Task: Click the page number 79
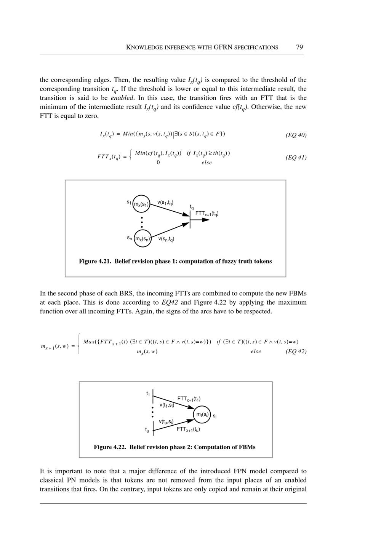(299, 47)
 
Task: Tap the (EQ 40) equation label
(296, 135)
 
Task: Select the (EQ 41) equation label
(296, 158)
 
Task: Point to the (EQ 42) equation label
(296, 351)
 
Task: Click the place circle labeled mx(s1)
(141, 204)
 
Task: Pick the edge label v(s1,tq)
(166, 203)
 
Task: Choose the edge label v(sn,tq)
(166, 239)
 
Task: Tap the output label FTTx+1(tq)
(207, 214)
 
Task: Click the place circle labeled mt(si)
(202, 414)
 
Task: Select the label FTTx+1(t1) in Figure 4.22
(189, 399)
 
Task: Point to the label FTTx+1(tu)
(188, 429)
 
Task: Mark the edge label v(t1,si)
(166, 405)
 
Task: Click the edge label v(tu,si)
(166, 422)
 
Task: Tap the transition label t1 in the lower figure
(148, 394)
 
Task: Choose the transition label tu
(147, 430)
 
